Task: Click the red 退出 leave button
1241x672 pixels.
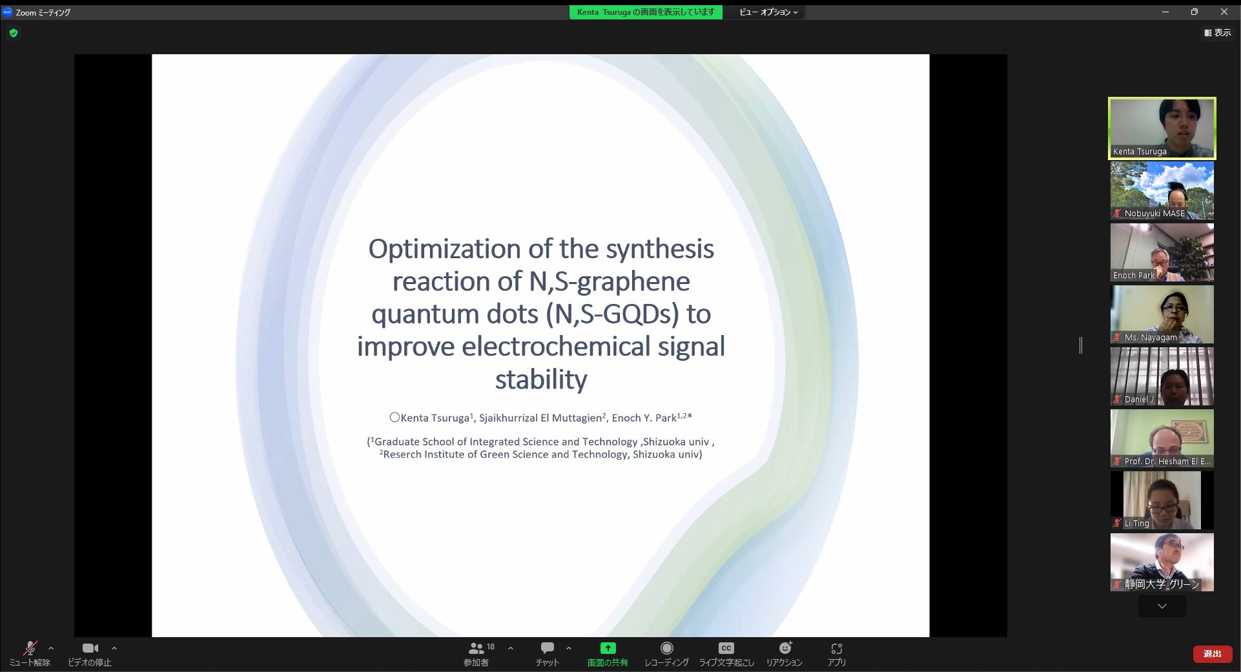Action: pos(1212,654)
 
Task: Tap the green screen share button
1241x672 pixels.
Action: pos(608,648)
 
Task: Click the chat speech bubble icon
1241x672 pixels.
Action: pos(548,648)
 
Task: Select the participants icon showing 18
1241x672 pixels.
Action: pos(477,648)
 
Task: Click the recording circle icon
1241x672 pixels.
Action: pos(667,648)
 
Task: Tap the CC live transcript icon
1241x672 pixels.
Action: pos(726,648)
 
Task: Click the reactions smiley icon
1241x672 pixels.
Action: pos(785,648)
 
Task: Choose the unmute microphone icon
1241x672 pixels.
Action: pos(30,648)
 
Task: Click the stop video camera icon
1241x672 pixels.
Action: pos(90,648)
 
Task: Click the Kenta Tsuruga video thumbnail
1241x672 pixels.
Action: pos(1162,128)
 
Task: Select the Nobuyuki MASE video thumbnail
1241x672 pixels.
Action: pos(1162,190)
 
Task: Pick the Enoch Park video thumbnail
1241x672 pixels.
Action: pos(1162,252)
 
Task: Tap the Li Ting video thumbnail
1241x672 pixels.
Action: pos(1162,500)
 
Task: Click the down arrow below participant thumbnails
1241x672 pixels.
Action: pos(1162,606)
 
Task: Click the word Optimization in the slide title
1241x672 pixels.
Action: pos(444,249)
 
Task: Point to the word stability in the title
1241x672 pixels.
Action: pos(541,380)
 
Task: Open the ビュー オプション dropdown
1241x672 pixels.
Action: pos(768,12)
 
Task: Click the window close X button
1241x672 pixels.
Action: pos(1224,12)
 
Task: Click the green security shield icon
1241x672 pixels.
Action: pos(14,33)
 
